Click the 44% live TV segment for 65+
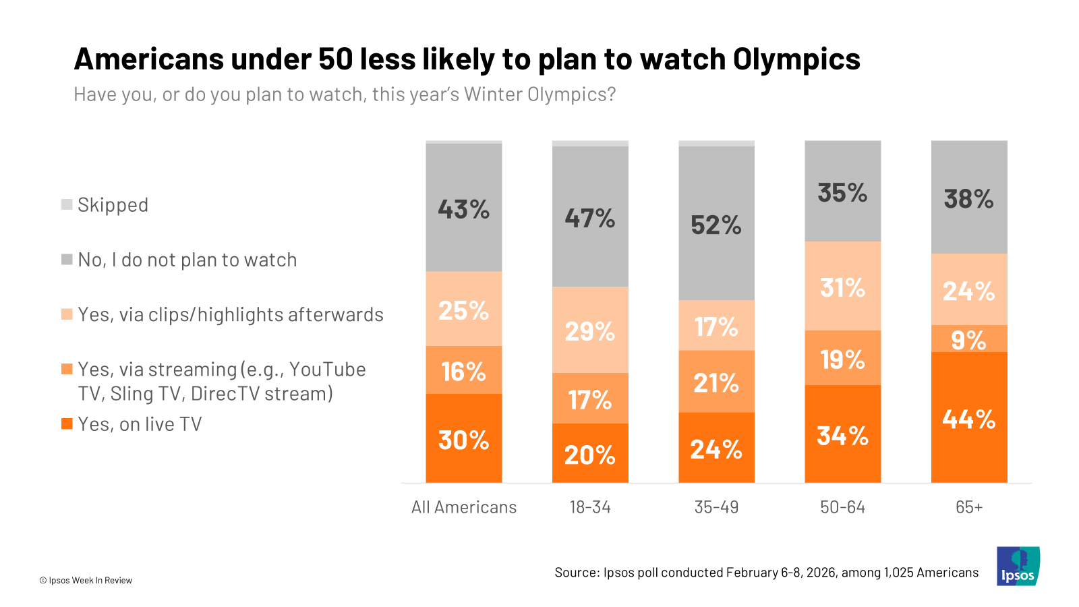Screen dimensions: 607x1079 coord(969,418)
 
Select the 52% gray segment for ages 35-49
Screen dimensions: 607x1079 coord(716,224)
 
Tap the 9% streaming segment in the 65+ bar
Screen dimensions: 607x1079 coord(969,339)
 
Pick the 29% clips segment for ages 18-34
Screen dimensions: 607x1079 coord(590,330)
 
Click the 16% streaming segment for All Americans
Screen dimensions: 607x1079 coord(464,370)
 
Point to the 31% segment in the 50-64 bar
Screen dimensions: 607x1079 coord(842,287)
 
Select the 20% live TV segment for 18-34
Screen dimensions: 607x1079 coord(590,454)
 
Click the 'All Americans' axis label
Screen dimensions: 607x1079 coord(464,507)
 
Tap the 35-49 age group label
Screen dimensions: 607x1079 coord(716,507)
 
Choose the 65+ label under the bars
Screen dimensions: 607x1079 coord(969,507)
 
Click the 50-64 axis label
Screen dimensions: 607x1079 coord(842,507)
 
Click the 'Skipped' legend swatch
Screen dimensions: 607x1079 coord(67,204)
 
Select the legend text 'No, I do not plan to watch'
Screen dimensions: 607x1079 coord(187,260)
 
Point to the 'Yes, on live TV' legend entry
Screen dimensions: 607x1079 coord(140,424)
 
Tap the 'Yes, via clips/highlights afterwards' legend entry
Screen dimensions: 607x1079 coord(230,314)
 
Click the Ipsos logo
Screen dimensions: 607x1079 coord(1018,566)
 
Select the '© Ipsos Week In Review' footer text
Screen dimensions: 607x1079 coord(86,580)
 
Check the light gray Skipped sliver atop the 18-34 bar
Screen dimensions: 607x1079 coord(590,144)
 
